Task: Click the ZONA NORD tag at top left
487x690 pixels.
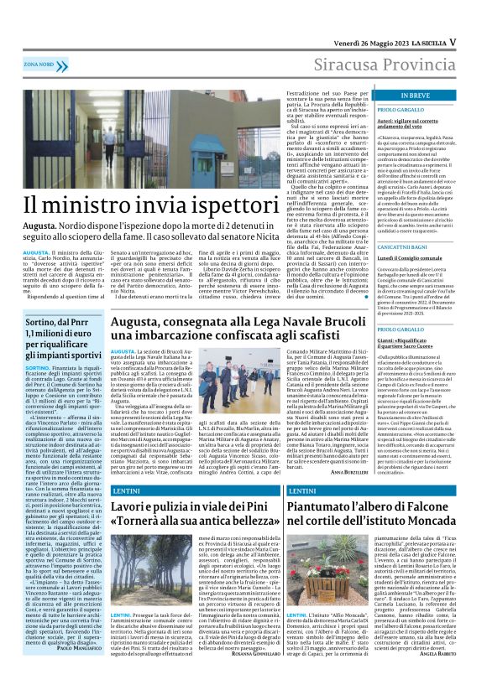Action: (39, 64)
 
